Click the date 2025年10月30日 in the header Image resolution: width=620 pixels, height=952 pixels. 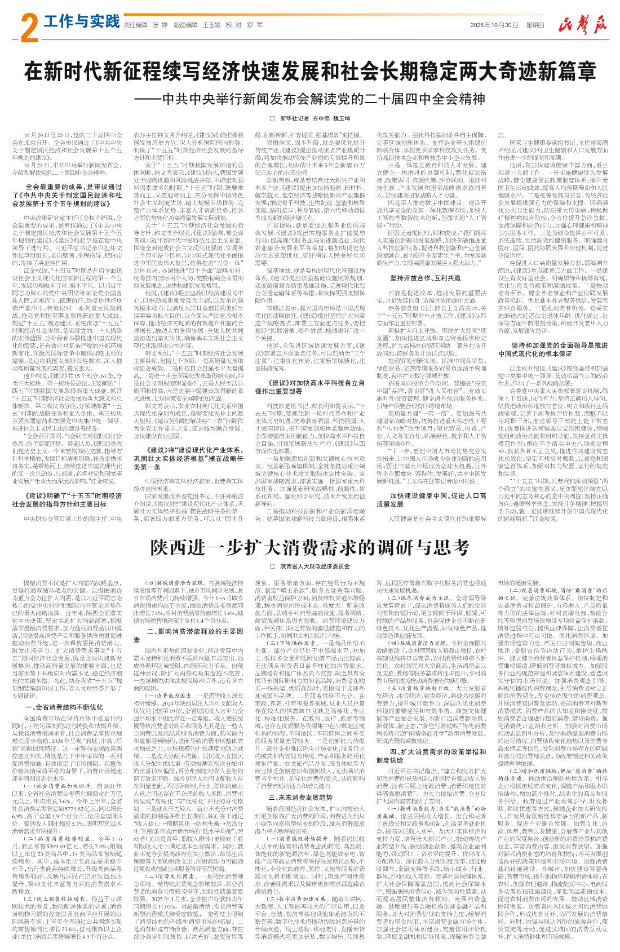494,25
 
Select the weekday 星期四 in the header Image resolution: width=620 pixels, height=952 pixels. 535,25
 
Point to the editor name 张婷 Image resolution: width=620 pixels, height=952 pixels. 160,25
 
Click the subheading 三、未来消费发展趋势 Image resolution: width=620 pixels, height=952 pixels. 301,797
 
